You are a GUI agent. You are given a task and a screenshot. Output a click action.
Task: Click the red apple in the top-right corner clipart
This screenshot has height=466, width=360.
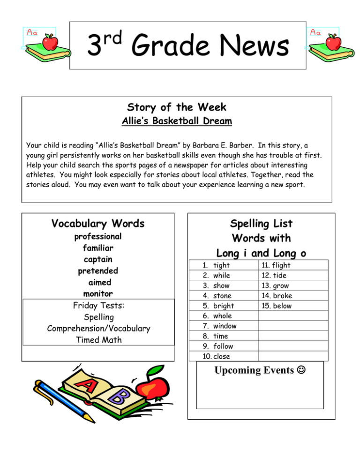pyautogui.click(x=334, y=42)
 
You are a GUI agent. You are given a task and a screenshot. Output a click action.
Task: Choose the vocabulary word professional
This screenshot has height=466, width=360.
pyautogui.click(x=98, y=236)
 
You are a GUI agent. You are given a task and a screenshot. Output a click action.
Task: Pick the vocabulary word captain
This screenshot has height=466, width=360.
pyautogui.click(x=98, y=259)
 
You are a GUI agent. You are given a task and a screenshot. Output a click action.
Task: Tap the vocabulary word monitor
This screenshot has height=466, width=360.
pyautogui.click(x=98, y=294)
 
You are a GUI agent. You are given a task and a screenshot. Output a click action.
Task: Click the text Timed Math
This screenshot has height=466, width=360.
pyautogui.click(x=98, y=340)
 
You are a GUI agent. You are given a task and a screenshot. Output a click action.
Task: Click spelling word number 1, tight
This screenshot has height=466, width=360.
pyautogui.click(x=221, y=265)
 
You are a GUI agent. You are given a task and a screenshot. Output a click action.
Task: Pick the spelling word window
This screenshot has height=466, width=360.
pyautogui.click(x=225, y=326)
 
